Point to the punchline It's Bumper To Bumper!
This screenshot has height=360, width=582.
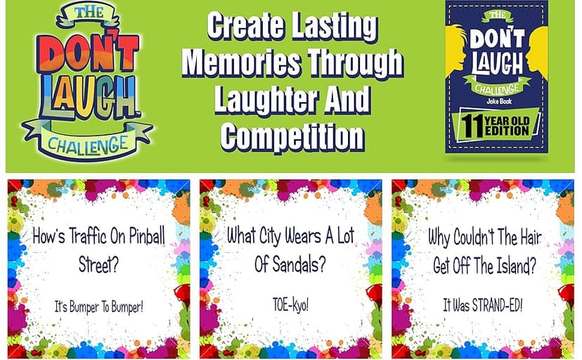pyautogui.click(x=99, y=307)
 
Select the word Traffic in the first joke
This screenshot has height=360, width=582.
pyautogui.click(x=91, y=237)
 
